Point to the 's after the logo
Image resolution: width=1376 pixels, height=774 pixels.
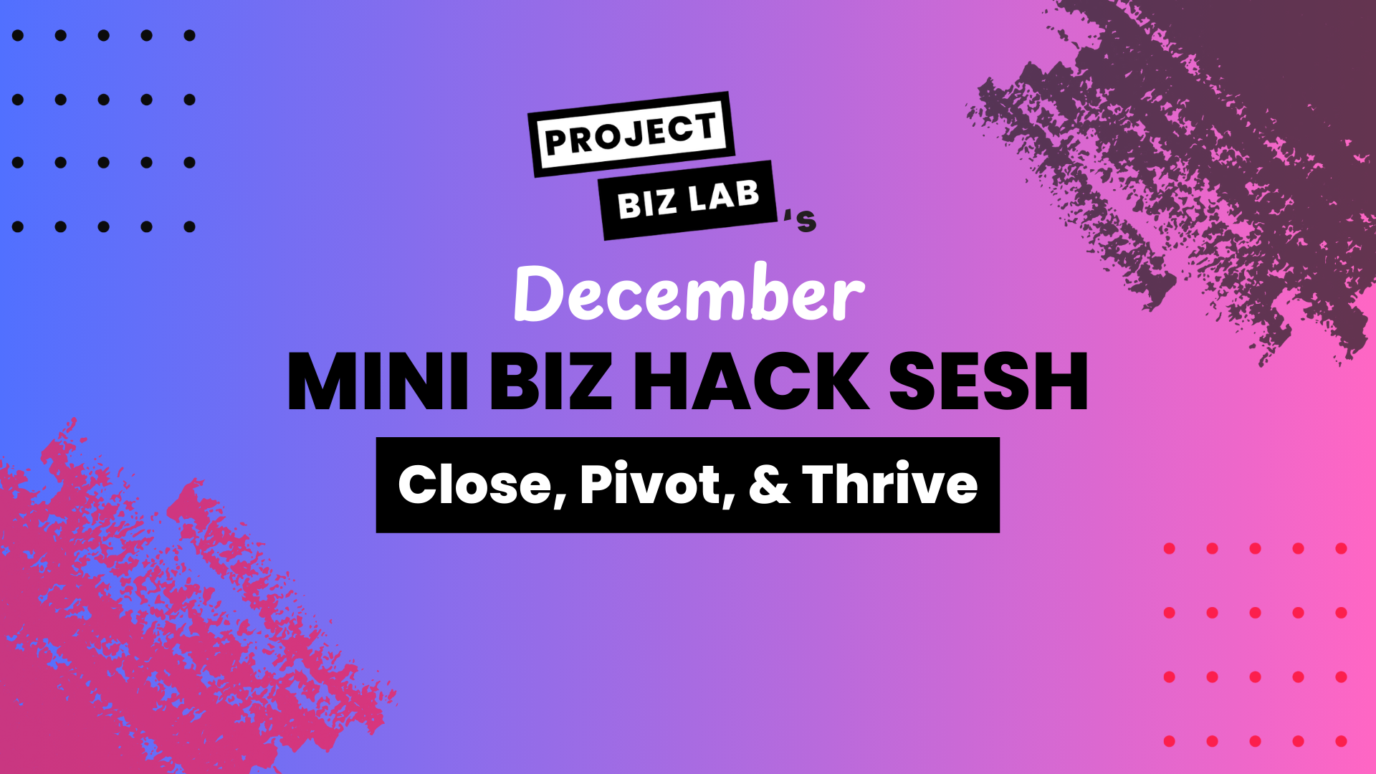click(801, 221)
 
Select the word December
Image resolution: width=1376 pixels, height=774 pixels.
click(689, 292)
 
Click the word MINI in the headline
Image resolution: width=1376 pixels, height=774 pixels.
click(378, 381)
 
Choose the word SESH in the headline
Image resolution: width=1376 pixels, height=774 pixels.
click(988, 381)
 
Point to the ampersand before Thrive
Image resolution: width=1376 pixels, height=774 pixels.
click(770, 485)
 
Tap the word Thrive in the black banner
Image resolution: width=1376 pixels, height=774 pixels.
click(890, 484)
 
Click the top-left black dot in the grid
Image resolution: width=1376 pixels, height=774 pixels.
click(18, 35)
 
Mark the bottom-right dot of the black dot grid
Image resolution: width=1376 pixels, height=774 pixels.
click(189, 226)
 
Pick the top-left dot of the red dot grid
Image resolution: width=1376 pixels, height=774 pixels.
click(1170, 548)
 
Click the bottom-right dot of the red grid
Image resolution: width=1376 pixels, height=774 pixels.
click(1342, 741)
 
